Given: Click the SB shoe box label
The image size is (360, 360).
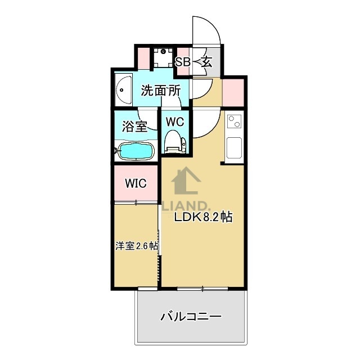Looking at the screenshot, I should (x=183, y=62).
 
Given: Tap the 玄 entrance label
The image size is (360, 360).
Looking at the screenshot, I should (x=206, y=62).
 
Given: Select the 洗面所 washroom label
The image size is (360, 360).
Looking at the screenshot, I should (x=160, y=90).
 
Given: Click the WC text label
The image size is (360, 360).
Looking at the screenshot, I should (x=174, y=121).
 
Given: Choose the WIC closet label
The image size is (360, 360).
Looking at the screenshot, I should (x=136, y=183).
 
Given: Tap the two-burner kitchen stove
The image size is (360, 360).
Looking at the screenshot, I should (x=235, y=121).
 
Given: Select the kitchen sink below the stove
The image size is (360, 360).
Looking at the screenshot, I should (x=234, y=147).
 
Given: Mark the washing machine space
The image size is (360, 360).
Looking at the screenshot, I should (x=164, y=56).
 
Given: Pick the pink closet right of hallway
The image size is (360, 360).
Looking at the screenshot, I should (x=233, y=90).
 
